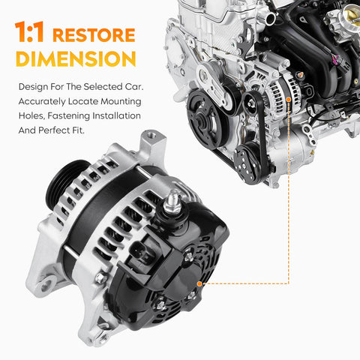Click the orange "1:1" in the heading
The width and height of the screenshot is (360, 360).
pos(29,31)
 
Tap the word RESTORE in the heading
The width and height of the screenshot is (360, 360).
pos(94,35)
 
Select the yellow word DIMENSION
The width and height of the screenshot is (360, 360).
pos(76,59)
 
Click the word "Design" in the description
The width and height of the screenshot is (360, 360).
pos(33,87)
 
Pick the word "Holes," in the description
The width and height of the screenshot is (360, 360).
pos(32,115)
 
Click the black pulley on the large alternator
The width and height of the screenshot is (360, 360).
pos(64,181)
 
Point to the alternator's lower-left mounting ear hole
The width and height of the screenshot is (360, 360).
pos(46,285)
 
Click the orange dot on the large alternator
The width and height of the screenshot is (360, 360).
pos(199,283)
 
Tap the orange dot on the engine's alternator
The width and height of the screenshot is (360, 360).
pos(289,99)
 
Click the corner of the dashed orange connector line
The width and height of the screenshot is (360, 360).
pos(289,283)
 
